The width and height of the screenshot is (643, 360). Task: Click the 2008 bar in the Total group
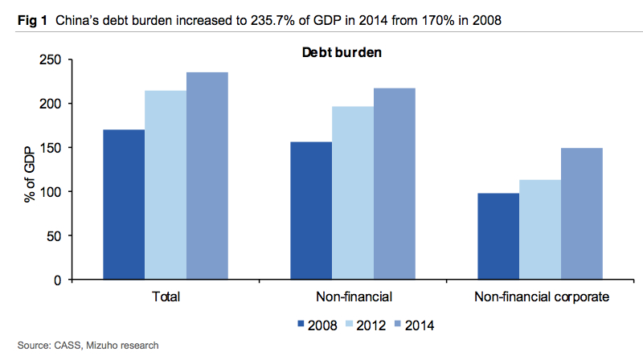click(x=124, y=205)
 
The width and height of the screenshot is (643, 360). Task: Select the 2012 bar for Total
click(x=166, y=186)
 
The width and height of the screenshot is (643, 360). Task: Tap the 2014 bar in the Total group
click(x=207, y=176)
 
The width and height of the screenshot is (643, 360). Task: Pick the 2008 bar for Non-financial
click(x=311, y=211)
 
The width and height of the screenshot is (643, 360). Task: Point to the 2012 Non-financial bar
click(x=353, y=193)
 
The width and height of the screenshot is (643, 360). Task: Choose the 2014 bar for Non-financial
click(x=395, y=184)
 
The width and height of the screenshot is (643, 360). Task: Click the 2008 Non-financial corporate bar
click(x=498, y=236)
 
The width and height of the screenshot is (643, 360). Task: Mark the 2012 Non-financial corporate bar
click(x=540, y=230)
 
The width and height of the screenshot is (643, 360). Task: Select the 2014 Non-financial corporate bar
click(x=582, y=214)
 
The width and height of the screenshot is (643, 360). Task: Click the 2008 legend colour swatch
click(x=302, y=325)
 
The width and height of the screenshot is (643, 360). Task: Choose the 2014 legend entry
click(x=421, y=325)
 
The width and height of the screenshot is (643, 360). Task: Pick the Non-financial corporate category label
click(x=542, y=297)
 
